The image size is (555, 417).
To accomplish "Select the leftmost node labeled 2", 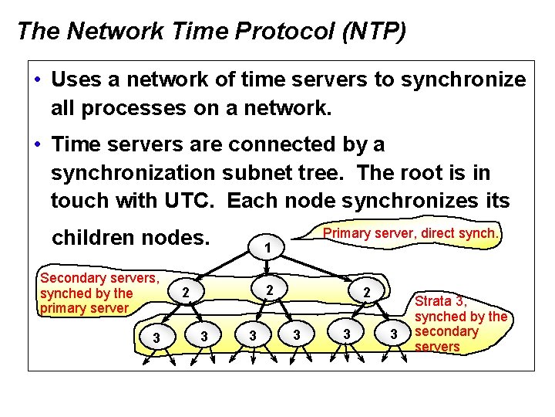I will pyautogui.click(x=185, y=293).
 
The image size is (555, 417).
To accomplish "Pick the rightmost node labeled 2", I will pyautogui.click(x=368, y=293).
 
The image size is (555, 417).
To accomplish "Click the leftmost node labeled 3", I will pyautogui.click(x=156, y=337).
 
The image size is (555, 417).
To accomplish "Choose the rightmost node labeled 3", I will pyautogui.click(x=393, y=334).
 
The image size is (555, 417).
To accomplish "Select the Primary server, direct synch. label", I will pyautogui.click(x=412, y=232).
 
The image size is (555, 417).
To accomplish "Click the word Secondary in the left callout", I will pyautogui.click(x=72, y=278).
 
